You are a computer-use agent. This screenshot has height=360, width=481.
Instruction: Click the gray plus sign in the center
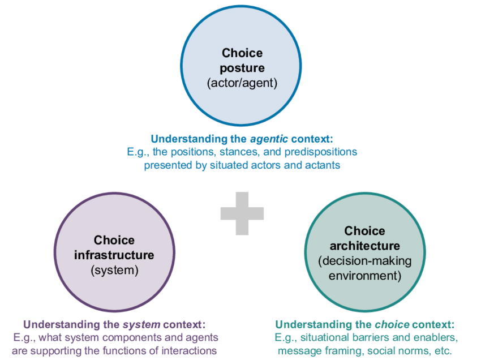[242, 213]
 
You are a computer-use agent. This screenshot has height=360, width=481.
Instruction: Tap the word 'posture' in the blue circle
[242, 68]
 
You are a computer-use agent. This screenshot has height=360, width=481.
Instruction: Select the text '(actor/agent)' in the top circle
[242, 83]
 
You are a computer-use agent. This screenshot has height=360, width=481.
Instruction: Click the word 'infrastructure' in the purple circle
[114, 255]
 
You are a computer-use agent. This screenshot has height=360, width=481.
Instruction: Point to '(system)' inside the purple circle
[114, 270]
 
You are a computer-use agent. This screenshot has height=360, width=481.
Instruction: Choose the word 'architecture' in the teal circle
[364, 246]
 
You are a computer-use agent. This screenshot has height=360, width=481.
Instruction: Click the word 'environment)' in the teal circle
[364, 276]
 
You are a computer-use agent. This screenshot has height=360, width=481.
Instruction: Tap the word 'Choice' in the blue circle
[242, 53]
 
